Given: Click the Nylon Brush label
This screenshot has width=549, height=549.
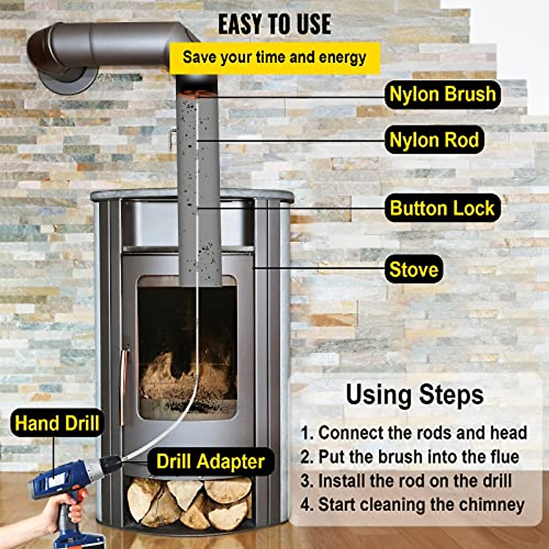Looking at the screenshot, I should coord(442,94).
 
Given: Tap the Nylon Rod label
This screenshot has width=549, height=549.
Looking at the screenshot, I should coord(434,140).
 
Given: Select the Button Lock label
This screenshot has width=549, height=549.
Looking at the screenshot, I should coord(442,208).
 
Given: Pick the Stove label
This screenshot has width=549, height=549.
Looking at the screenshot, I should coord(414,269).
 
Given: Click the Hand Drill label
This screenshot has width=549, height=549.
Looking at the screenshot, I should coord(57,423).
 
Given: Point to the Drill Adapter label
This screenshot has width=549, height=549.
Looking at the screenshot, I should coord(210,461).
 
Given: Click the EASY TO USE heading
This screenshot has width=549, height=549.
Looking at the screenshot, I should coord(274,24).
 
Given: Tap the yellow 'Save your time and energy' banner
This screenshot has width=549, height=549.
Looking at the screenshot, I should coord(274,58).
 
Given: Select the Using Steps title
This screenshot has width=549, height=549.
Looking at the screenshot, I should coord(414,395).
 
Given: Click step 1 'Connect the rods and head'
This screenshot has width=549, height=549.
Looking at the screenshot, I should coord(414,432).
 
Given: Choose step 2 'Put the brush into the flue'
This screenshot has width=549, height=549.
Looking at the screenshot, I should coord(410,457).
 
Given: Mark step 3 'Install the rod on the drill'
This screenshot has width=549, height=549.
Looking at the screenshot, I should coord(406,481).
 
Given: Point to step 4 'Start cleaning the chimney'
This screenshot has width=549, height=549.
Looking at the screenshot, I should coord(413,505).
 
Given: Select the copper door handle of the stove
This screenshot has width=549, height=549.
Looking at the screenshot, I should coord(123,380).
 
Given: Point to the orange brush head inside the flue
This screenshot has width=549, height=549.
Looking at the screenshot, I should coord(198,94).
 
